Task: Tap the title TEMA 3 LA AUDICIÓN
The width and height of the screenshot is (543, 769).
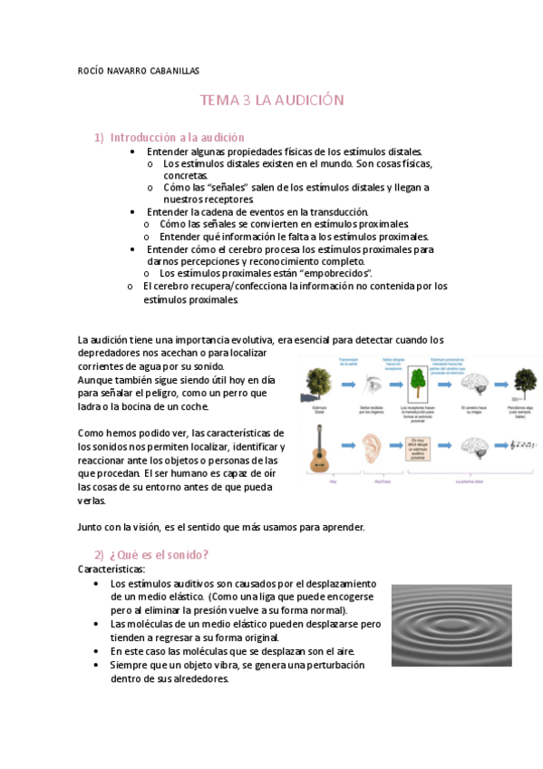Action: click(x=272, y=101)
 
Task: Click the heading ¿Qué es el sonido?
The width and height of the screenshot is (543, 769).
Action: click(x=160, y=554)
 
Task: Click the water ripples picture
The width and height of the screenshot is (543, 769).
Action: click(x=459, y=625)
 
